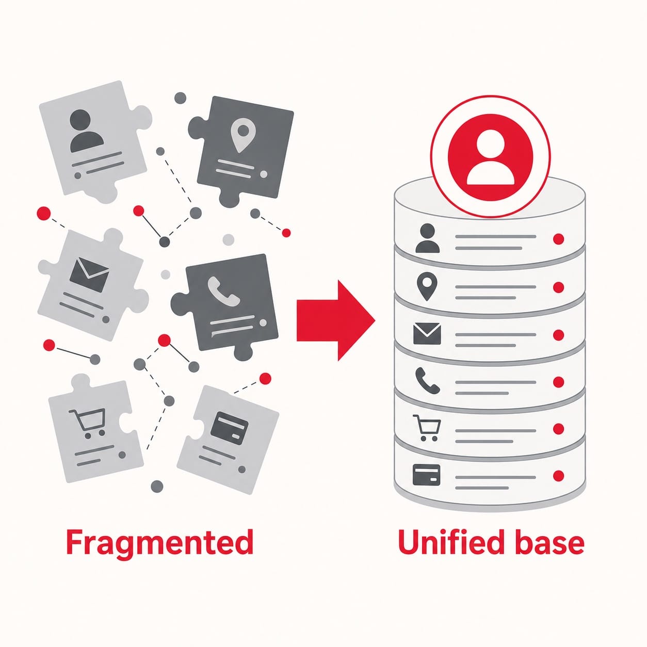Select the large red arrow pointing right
point(336,320)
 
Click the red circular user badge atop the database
point(491,156)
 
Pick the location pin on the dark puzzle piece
point(241,136)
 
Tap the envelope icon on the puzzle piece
point(89,274)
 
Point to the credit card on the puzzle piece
point(229,428)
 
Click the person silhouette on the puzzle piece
point(86,131)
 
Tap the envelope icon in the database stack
point(427,333)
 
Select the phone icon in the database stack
point(427,380)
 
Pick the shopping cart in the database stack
point(426,427)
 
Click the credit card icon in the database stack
point(426,475)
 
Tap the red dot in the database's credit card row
point(558,476)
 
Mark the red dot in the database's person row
point(558,239)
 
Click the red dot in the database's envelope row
point(558,335)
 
